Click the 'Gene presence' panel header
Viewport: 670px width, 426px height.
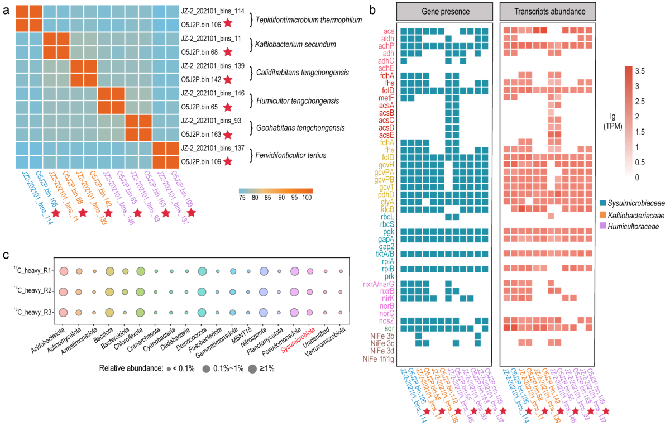click(444, 12)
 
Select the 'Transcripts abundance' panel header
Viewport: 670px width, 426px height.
click(548, 12)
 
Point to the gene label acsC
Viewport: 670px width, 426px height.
click(386, 120)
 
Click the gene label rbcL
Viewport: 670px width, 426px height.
click(388, 217)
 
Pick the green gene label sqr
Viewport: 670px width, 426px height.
click(389, 328)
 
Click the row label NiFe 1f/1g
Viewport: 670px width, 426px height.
click(379, 358)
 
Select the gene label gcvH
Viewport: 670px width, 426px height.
click(386, 165)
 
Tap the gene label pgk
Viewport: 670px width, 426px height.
click(389, 232)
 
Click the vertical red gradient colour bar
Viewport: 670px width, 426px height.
click(629, 122)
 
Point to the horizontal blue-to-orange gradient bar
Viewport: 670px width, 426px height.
click(276, 191)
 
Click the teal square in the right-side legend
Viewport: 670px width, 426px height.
click(602, 203)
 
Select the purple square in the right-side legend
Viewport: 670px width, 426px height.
click(602, 225)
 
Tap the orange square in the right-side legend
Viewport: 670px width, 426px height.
click(602, 214)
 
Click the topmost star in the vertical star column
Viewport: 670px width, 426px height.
click(228, 23)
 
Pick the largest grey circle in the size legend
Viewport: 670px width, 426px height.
click(252, 369)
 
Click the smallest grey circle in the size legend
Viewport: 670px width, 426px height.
click(169, 369)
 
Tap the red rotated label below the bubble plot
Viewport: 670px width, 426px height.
click(298, 341)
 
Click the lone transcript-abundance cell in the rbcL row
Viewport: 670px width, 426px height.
click(551, 217)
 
